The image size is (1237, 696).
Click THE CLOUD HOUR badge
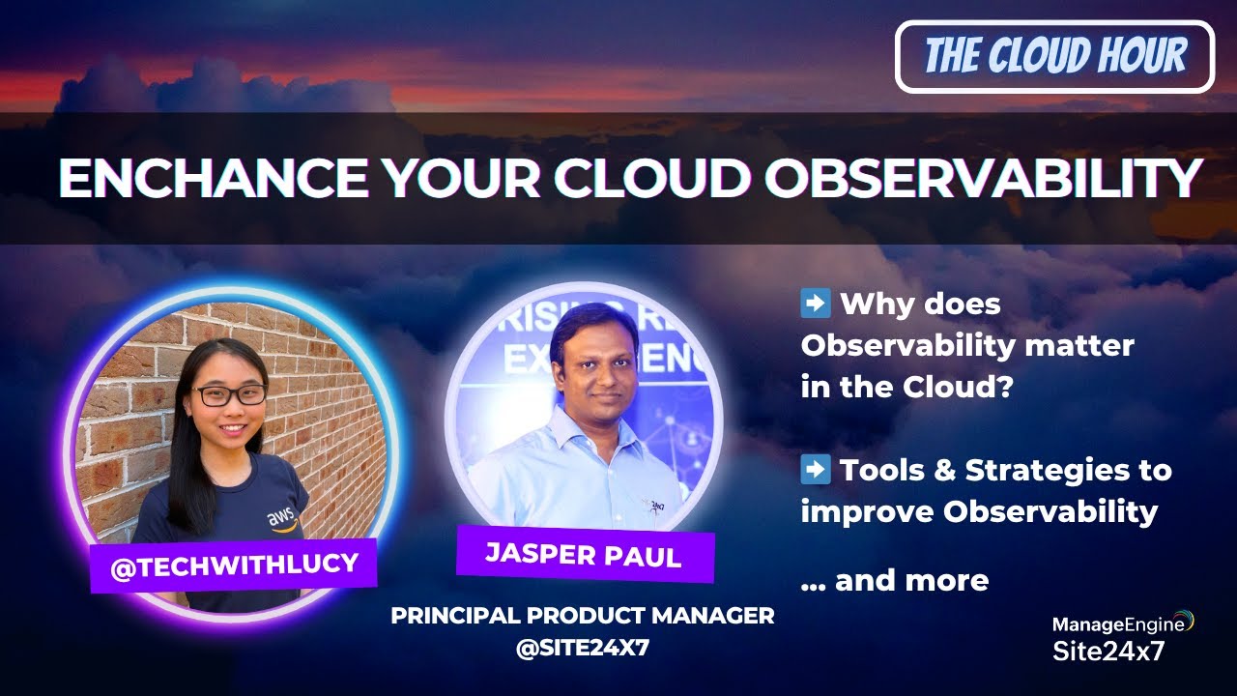pos(1054,57)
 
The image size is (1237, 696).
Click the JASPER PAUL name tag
pos(584,554)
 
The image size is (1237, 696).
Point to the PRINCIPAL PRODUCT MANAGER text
pos(582,616)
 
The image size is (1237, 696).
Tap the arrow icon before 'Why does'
pos(816,304)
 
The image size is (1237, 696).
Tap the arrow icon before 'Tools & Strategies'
pos(816,470)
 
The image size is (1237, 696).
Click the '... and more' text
pos(895,580)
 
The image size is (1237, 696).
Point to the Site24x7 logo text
pos(1108,651)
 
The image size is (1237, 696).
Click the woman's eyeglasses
pos(229,394)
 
